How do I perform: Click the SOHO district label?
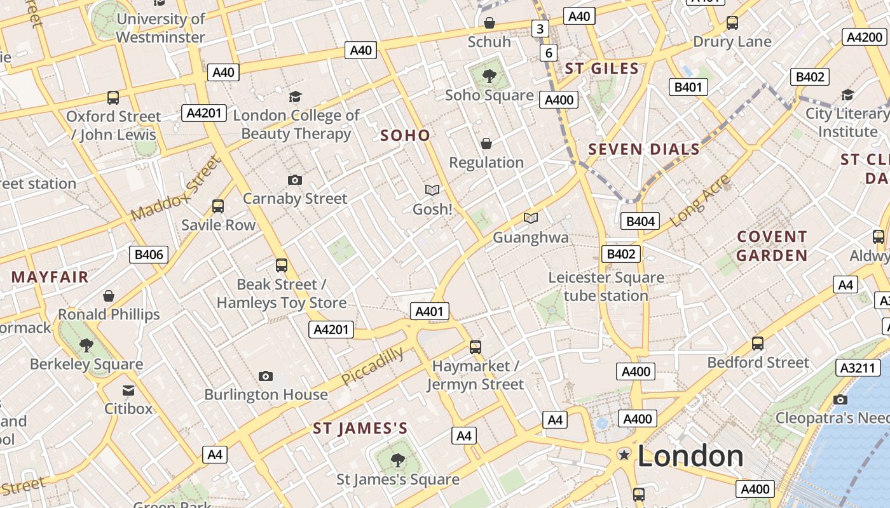click(405, 135)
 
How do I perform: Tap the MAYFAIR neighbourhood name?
click(50, 277)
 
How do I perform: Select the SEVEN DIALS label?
click(643, 150)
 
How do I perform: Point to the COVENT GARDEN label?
click(772, 246)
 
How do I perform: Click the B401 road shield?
click(688, 87)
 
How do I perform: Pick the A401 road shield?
click(430, 311)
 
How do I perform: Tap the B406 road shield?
click(149, 255)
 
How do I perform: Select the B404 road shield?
click(640, 221)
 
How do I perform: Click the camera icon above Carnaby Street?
click(294, 180)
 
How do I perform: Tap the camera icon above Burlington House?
click(266, 377)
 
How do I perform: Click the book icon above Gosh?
click(432, 190)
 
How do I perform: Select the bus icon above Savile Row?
click(218, 206)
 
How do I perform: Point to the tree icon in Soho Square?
click(489, 77)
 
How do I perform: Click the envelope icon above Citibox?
click(128, 390)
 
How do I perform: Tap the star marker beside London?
click(624, 454)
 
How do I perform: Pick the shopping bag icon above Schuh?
click(489, 23)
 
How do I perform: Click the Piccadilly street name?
click(372, 366)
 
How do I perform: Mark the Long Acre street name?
click(699, 200)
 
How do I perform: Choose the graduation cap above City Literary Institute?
click(847, 95)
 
